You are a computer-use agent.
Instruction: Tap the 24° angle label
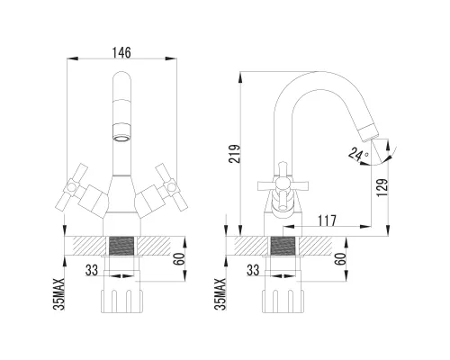pos(362,155)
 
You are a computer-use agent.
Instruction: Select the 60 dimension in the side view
pos(341,258)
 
